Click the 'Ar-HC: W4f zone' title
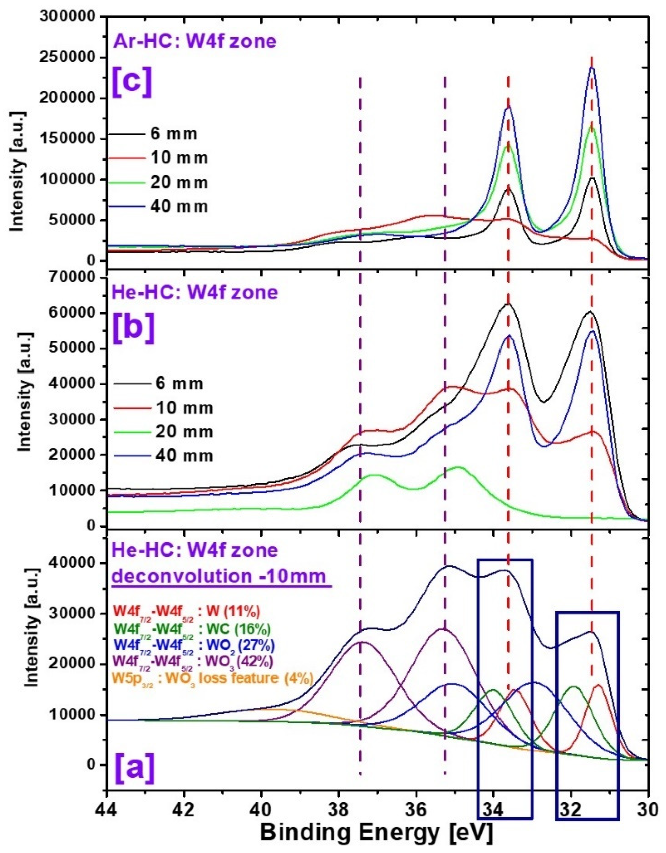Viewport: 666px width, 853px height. [195, 41]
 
